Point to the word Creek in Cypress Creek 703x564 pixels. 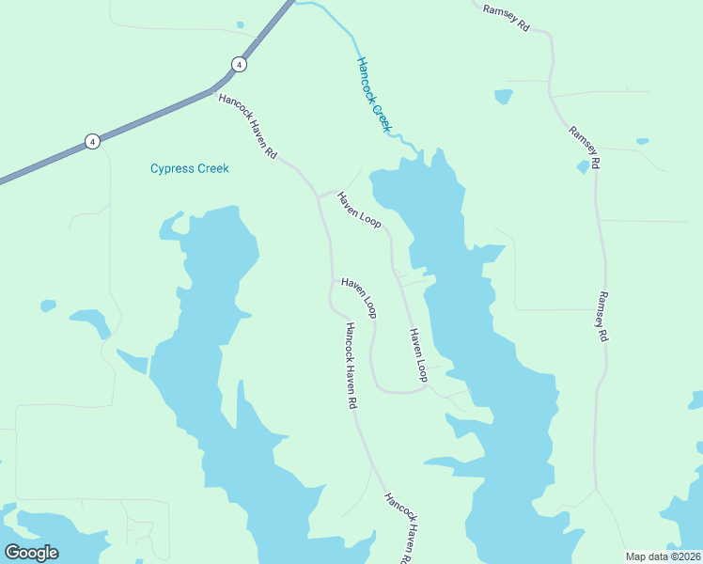pos(212,169)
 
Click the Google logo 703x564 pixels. pos(31,553)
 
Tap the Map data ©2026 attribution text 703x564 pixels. pos(664,556)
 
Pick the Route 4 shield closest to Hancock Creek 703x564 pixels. pos(240,64)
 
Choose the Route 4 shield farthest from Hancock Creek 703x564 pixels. pos(92,141)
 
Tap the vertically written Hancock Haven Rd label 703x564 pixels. pos(349,366)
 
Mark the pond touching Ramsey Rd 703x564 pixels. pos(583,167)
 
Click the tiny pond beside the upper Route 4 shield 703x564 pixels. pos(241,25)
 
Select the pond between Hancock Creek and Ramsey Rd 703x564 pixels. pos(504,96)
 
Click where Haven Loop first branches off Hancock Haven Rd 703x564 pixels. pos(320,196)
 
